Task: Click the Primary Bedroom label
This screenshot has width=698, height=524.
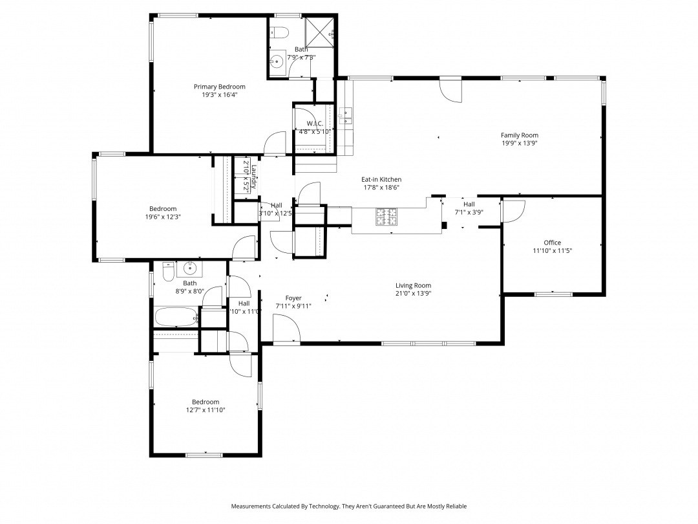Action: tap(220, 87)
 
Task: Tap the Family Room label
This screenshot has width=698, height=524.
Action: tap(519, 135)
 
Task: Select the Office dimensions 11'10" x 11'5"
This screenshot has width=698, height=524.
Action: tap(552, 250)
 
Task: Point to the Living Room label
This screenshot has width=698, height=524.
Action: tap(413, 285)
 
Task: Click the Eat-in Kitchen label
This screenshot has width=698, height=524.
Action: tap(381, 180)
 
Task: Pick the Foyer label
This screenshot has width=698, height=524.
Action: tap(293, 298)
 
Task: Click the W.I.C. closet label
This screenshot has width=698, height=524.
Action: tap(315, 123)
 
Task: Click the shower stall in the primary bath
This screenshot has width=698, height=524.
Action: tap(320, 30)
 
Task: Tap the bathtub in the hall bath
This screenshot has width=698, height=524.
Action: tap(176, 318)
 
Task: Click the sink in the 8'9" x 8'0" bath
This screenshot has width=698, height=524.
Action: tap(190, 267)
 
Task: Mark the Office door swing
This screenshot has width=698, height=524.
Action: tap(514, 210)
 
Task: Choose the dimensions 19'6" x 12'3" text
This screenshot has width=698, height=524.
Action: tap(163, 217)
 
